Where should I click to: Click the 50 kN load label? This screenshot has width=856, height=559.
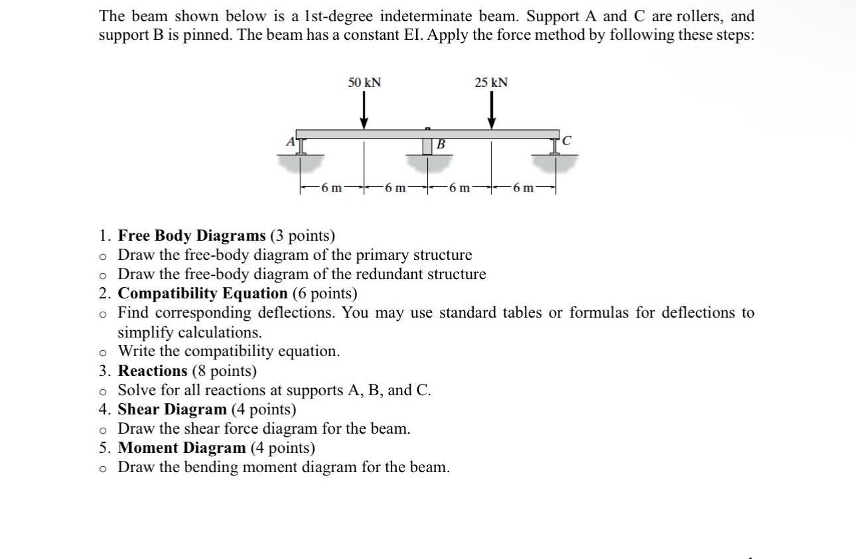[365, 82]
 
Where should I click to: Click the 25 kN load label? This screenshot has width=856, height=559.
[491, 82]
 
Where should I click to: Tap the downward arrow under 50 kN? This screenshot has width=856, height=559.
[364, 110]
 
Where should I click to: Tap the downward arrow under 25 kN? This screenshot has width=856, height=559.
[492, 110]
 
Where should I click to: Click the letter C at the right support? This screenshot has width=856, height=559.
[565, 141]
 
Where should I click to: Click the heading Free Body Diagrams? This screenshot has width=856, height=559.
[191, 235]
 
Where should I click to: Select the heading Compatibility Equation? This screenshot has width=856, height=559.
[202, 293]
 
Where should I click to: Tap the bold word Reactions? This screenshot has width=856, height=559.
[153, 371]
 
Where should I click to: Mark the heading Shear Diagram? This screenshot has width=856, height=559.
[172, 409]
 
